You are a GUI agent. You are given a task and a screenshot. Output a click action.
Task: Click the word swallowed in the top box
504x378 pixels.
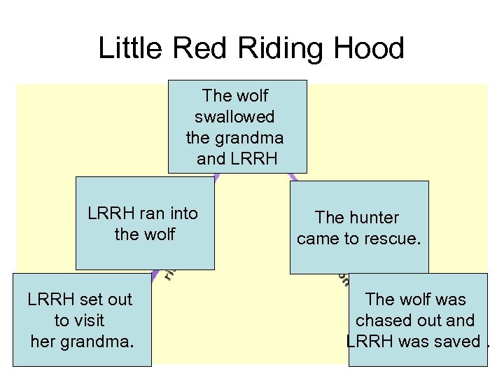(x=234, y=116)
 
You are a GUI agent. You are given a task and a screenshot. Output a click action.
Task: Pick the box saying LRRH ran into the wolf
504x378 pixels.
(x=145, y=223)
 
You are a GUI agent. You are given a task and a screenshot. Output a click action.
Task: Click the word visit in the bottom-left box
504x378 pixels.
(x=89, y=321)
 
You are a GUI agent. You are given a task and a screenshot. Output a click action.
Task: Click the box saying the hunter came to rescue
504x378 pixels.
(x=358, y=227)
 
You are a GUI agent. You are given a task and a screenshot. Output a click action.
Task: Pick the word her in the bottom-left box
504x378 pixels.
(x=43, y=342)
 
